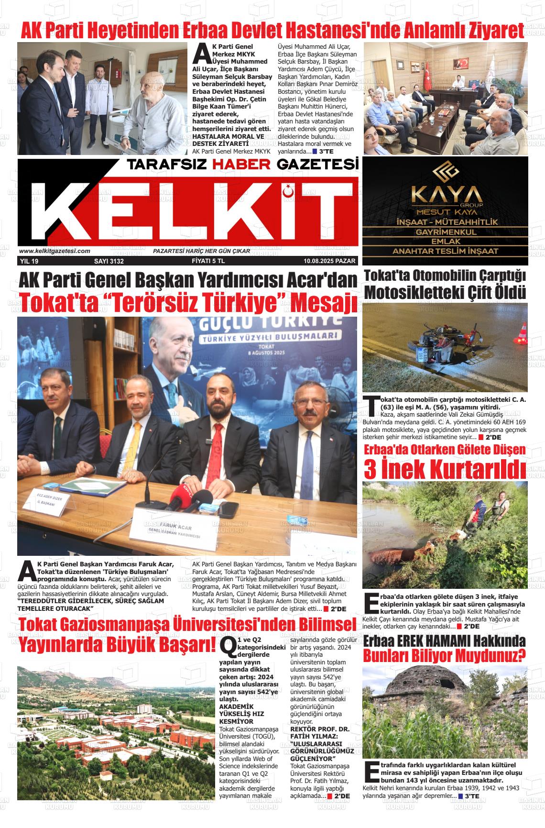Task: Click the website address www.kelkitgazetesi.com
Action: tap(54, 251)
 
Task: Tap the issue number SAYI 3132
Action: tap(109, 261)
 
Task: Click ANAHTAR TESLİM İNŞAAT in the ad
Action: tap(445, 251)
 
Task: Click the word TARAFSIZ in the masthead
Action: tap(166, 165)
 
